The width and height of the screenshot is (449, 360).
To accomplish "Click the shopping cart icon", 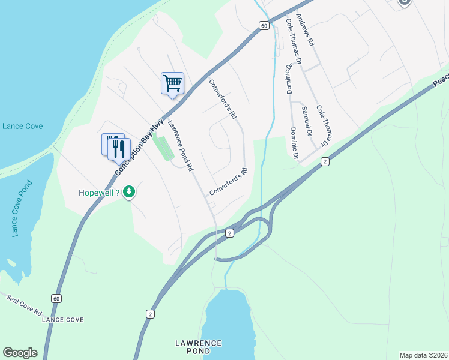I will click(x=172, y=83).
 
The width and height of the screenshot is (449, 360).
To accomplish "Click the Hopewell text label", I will click(x=100, y=193).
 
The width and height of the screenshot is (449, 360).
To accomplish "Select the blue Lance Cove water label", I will click(x=21, y=126).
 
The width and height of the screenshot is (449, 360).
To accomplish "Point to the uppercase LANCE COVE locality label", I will click(x=62, y=320).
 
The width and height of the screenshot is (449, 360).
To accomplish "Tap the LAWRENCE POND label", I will click(x=198, y=347).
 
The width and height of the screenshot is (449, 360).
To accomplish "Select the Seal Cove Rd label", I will click(x=24, y=305).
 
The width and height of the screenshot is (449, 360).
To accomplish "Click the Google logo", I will click(x=20, y=353).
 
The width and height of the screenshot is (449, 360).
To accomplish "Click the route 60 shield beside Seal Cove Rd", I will click(x=56, y=298).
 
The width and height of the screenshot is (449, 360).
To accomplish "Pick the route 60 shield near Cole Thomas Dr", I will click(x=264, y=25).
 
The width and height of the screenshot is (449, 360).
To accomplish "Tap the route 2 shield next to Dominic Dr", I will click(x=325, y=161).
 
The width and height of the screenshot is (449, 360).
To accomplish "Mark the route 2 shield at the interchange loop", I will click(x=229, y=232).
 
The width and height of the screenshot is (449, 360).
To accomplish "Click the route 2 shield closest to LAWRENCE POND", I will click(x=150, y=314).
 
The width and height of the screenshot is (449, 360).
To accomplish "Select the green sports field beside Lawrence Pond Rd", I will click(x=163, y=147).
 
